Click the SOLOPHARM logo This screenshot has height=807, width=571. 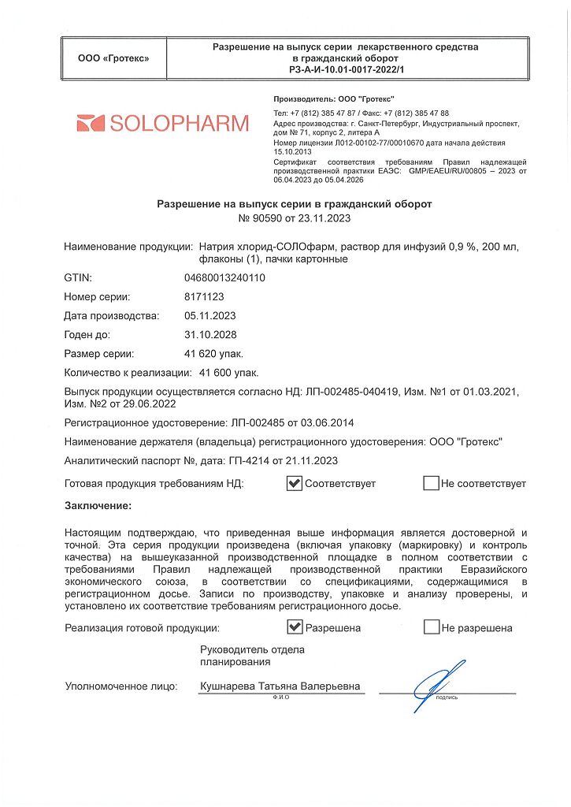[x=162, y=124]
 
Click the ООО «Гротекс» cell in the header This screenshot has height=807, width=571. [x=113, y=58]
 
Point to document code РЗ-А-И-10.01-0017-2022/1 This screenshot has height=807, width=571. [x=346, y=69]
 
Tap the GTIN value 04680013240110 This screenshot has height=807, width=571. [x=224, y=277]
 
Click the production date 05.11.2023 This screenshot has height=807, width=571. [x=209, y=315]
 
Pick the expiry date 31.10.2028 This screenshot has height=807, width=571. [x=209, y=334]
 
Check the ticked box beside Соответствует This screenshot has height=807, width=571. [x=295, y=483]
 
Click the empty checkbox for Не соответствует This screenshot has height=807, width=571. [x=431, y=483]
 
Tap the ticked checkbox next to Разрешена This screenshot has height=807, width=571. [x=295, y=627]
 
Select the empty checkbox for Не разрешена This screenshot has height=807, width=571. [x=431, y=627]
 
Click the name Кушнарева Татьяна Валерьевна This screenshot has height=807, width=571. [x=280, y=686]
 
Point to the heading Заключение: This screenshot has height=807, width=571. [x=98, y=505]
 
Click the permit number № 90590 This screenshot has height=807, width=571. [x=264, y=218]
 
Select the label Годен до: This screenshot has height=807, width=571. [x=92, y=334]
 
